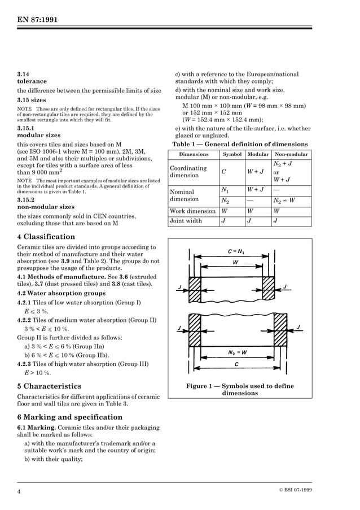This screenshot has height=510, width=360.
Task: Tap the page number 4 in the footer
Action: point(19,491)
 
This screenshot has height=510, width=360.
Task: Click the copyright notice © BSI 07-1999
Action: point(295,490)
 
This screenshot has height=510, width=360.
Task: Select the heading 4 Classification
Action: point(46,237)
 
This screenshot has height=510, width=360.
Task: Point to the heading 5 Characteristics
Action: point(50,386)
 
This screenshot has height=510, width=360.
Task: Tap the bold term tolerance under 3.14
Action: point(32,81)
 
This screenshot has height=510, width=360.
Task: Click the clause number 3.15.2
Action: point(26,200)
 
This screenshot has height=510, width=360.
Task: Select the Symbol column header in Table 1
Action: point(232,154)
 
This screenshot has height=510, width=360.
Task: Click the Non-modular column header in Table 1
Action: point(291,154)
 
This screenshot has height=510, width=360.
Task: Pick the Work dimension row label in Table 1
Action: point(193,211)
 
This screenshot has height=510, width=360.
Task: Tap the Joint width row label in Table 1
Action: point(186,221)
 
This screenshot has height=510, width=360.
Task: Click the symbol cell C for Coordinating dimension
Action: point(224,172)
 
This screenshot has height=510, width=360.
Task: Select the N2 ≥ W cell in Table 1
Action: point(284,200)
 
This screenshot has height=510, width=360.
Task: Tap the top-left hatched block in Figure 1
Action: point(196,285)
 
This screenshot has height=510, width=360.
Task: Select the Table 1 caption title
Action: point(240,144)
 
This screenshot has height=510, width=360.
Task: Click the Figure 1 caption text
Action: point(240,390)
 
